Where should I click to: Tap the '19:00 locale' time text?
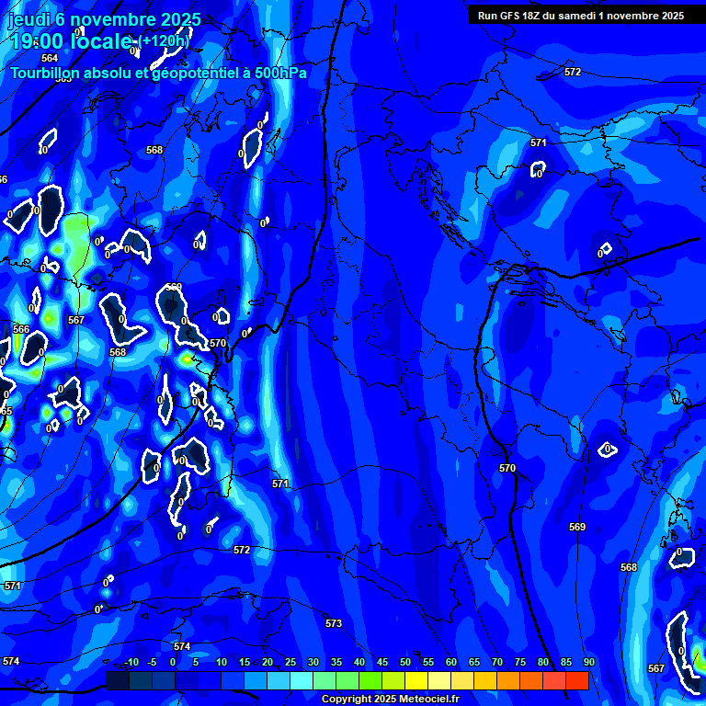73,41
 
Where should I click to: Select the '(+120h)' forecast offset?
165,41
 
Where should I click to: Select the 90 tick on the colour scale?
588,663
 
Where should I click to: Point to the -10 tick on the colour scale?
130,663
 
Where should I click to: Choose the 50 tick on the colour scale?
404,663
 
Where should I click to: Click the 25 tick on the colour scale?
290,663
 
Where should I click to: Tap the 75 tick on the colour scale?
519,663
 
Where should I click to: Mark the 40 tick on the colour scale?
359,663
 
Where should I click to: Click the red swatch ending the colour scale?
576,680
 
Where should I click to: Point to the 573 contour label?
334,624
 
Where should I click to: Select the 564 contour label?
50,58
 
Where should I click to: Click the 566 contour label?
21,329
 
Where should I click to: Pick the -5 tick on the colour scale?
153,663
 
